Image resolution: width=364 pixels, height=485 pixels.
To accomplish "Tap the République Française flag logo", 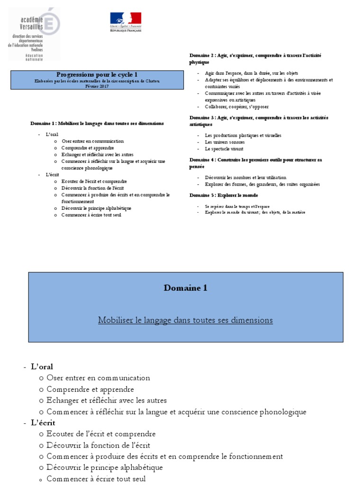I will pyautogui.click(x=126, y=21).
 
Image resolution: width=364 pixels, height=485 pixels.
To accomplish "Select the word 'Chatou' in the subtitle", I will pyautogui.click(x=151, y=81).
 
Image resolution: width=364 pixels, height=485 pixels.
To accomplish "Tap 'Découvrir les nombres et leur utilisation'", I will pyautogui.click(x=245, y=178).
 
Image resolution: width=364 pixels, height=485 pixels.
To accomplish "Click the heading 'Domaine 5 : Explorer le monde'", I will pyautogui.click(x=224, y=195).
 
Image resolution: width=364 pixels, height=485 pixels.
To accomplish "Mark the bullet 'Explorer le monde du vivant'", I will pyautogui.click(x=255, y=212).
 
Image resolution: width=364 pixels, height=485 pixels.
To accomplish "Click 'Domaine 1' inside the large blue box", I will pyautogui.click(x=185, y=288).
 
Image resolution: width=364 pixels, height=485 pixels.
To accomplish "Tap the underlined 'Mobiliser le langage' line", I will pyautogui.click(x=185, y=320).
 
